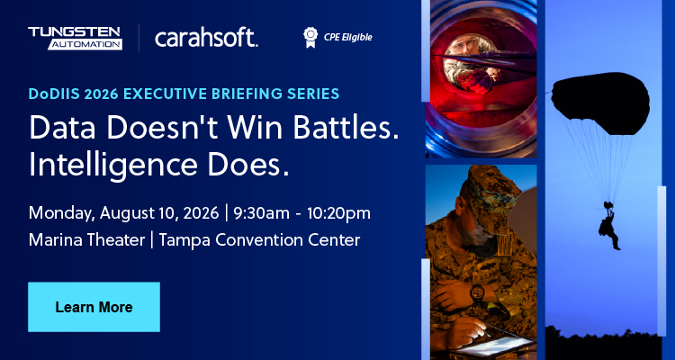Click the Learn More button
pos(94,307)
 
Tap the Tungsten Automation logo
pos(75,38)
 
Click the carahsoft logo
pos(206,38)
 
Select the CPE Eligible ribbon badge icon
pos(310,38)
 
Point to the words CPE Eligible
pos(347,38)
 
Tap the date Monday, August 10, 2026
pos(123,213)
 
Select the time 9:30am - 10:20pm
pos(301,213)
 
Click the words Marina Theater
pos(86,240)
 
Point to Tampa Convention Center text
pos(259,240)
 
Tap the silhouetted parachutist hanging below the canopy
pos(609,226)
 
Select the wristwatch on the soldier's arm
pos(477,292)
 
